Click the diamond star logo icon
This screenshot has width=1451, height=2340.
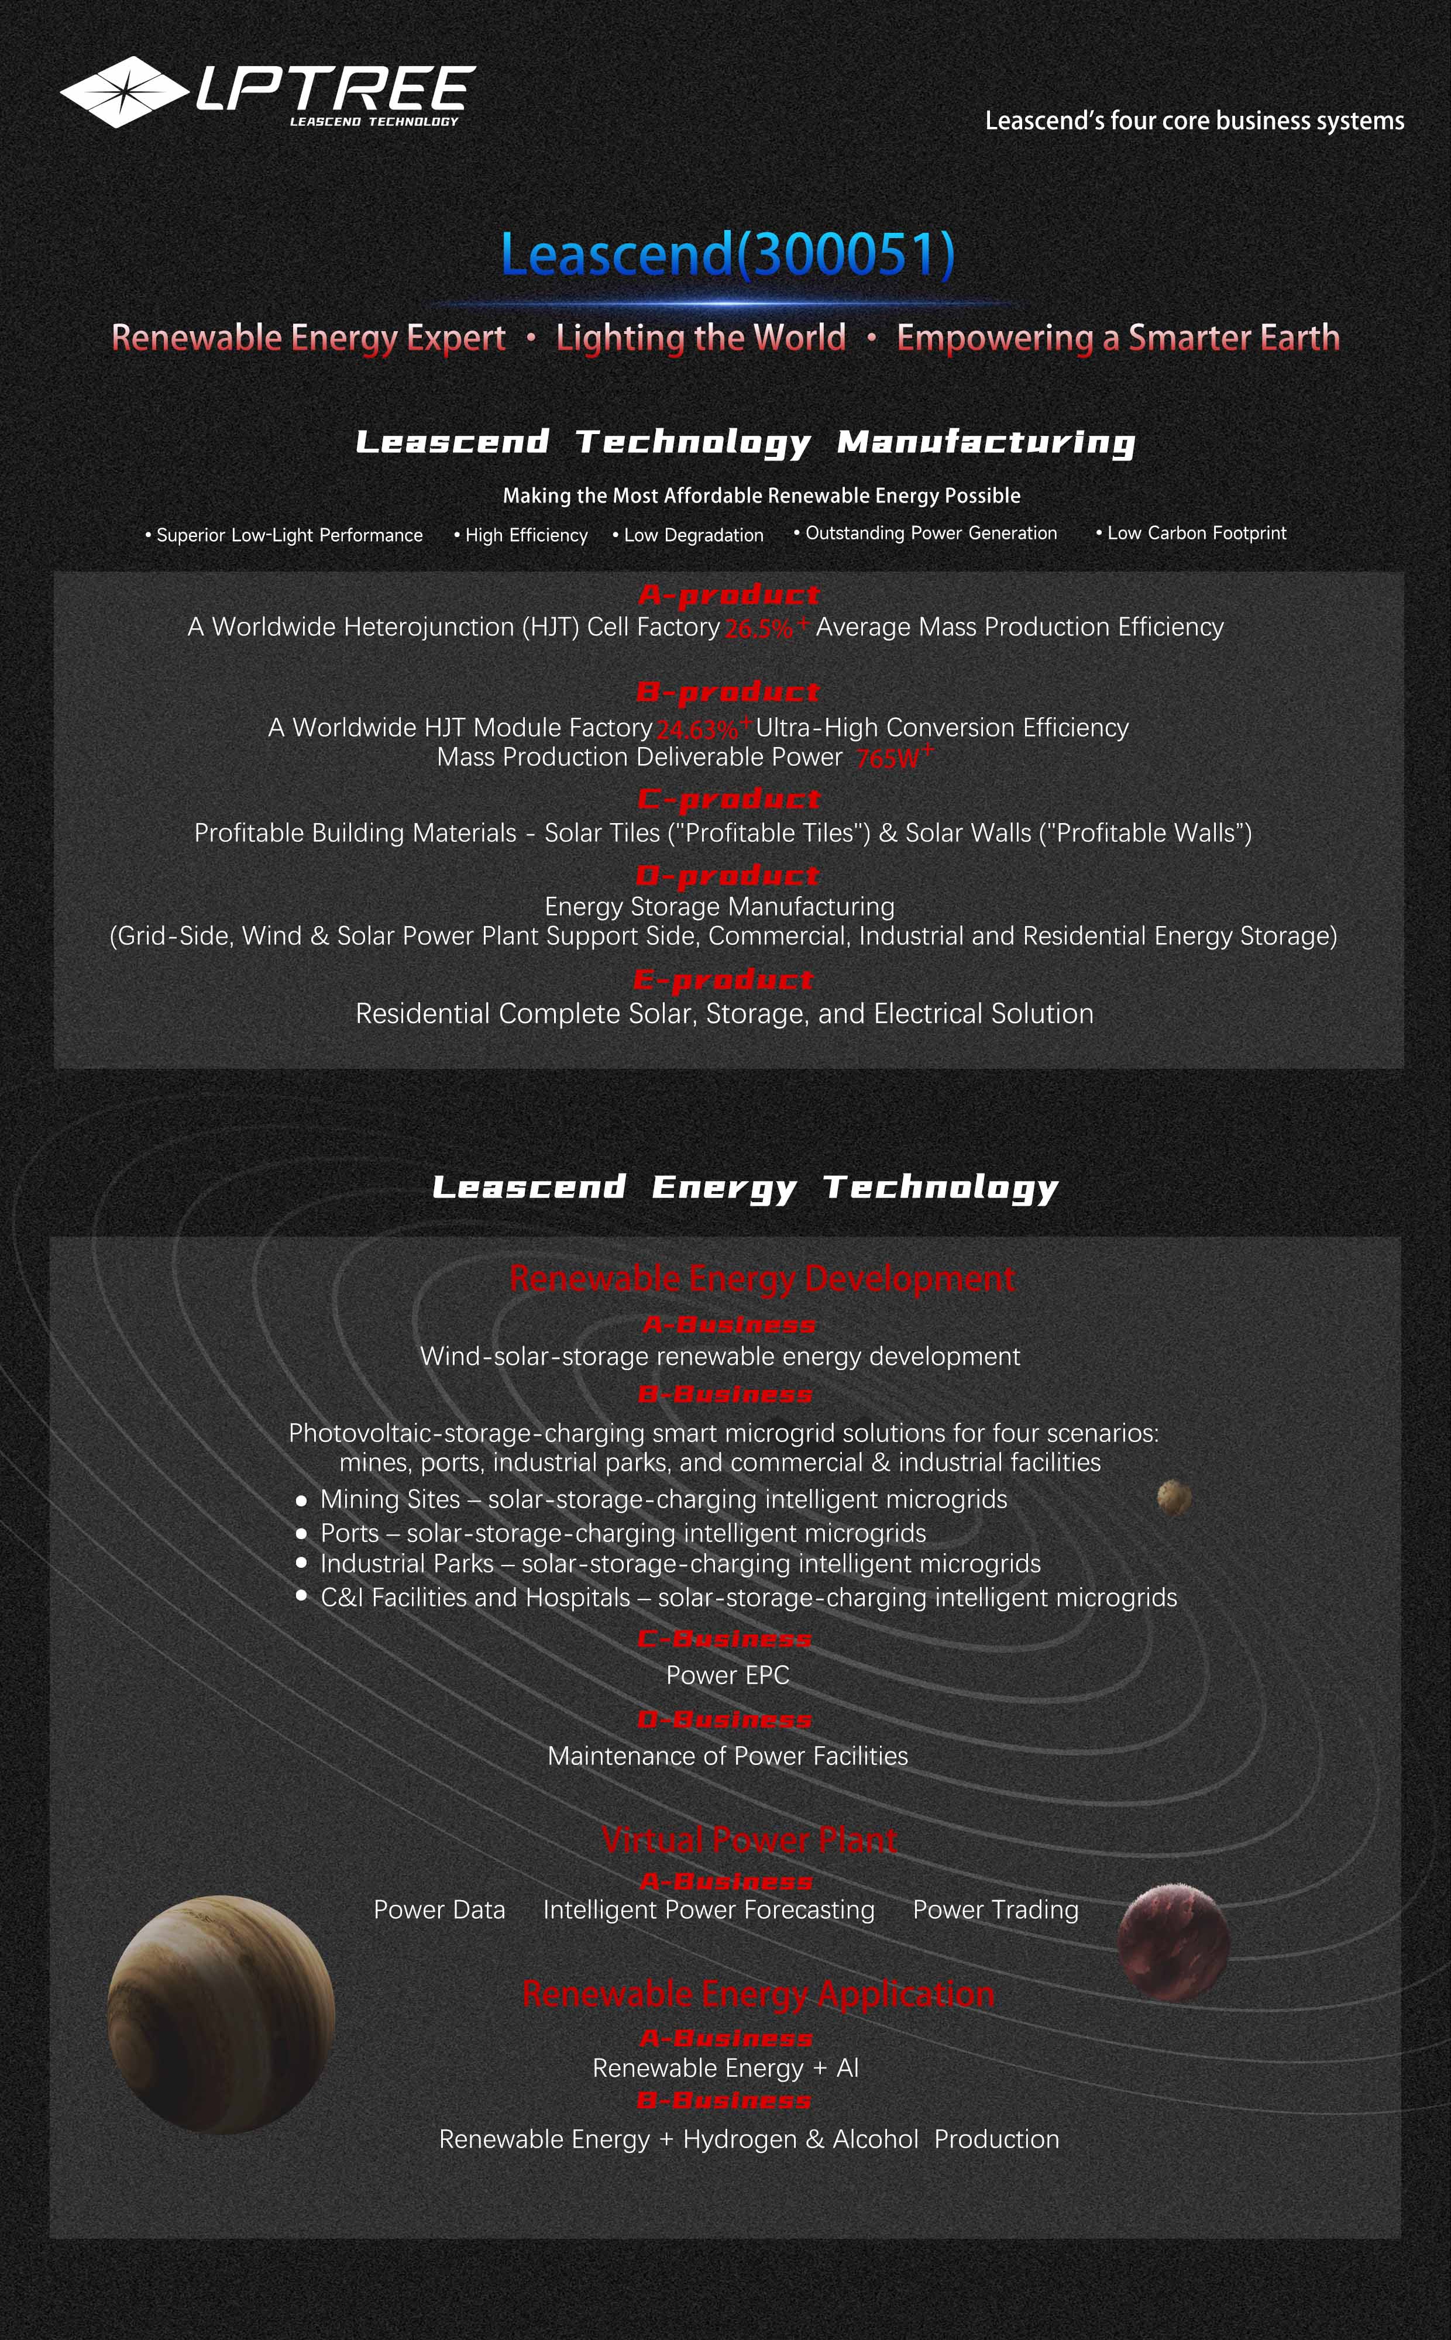(x=124, y=92)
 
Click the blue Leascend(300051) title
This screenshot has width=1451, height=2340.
(x=727, y=255)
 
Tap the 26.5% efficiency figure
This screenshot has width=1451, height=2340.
(x=759, y=628)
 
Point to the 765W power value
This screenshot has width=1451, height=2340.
(x=888, y=759)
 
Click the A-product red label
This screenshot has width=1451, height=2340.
(x=728, y=596)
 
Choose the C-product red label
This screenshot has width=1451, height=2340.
(x=728, y=799)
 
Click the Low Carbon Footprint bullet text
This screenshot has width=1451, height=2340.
(x=1196, y=534)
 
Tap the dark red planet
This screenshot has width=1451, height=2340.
(x=1173, y=1942)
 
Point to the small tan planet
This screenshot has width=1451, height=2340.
(x=1174, y=1496)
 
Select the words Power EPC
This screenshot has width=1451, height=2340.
(x=727, y=1675)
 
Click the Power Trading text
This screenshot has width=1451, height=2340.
(x=995, y=1910)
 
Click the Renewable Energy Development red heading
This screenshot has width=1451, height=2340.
(x=761, y=1279)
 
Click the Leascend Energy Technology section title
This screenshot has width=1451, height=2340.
(x=745, y=1188)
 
